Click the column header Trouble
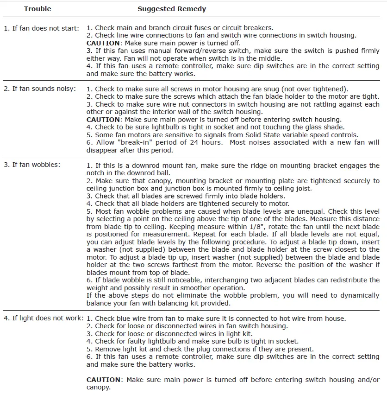(x=37, y=9)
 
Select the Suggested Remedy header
(x=172, y=9)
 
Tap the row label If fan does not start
(x=41, y=28)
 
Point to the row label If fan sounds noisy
(x=40, y=89)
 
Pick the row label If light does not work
(x=44, y=318)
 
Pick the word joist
(x=301, y=188)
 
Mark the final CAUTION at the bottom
(x=103, y=379)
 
